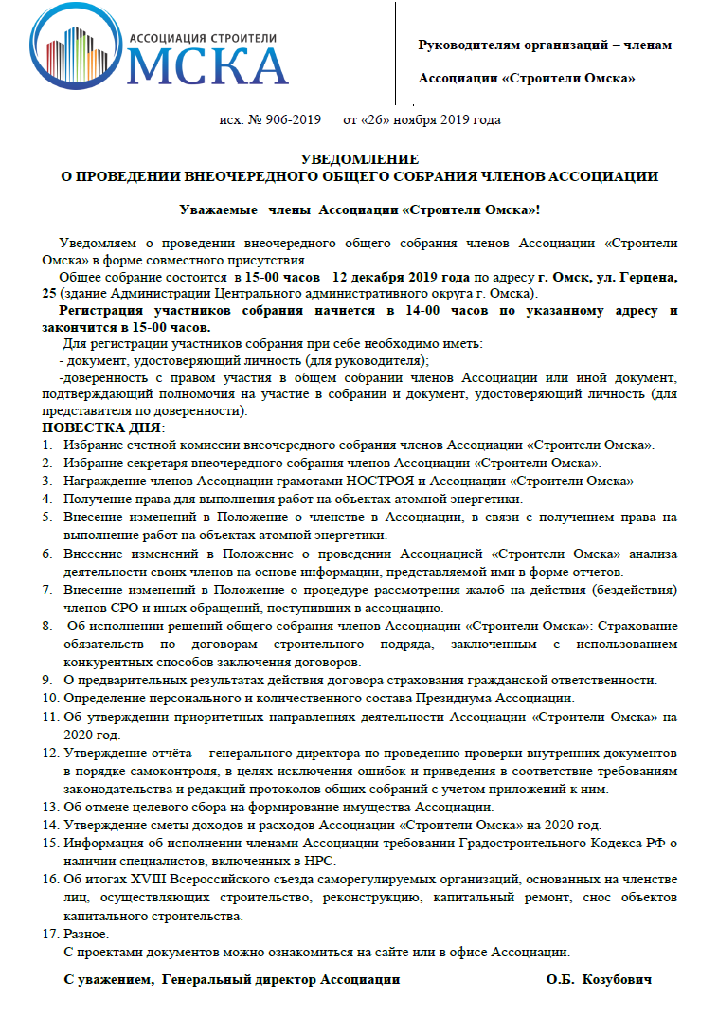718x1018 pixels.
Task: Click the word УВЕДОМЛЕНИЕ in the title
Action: click(359, 159)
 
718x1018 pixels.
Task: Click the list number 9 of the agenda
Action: click(46, 680)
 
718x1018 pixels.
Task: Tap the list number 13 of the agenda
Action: click(49, 807)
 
